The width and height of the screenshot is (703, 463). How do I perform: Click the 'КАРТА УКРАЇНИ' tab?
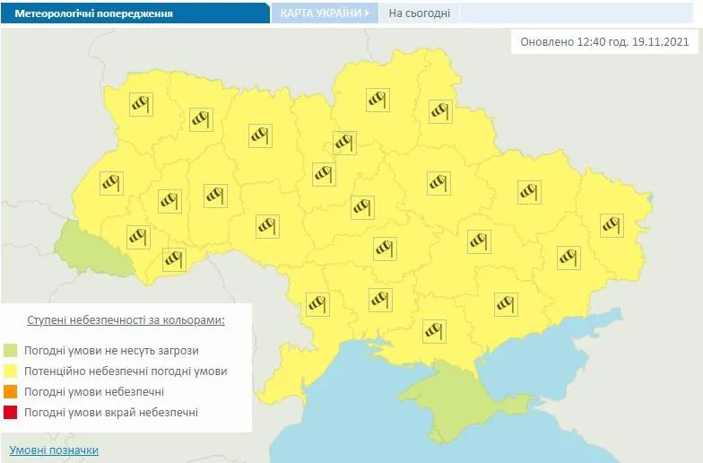321,13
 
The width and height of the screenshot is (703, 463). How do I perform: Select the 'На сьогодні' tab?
420,13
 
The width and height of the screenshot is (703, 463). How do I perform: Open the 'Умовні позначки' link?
54,450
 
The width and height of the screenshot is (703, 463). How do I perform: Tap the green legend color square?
11,351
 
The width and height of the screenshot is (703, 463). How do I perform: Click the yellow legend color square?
11,371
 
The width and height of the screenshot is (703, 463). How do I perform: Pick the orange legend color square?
11,392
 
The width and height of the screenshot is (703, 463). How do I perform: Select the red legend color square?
11,413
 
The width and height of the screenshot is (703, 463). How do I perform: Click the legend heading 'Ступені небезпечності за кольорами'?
126,319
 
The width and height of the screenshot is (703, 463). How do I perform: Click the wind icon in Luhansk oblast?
612,224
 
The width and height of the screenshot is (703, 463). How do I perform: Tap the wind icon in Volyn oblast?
140,104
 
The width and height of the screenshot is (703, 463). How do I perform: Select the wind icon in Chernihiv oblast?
378,99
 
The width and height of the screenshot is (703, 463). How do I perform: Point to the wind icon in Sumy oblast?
438,110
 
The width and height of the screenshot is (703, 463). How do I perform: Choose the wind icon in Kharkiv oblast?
529,191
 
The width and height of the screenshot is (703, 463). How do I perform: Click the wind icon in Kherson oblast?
434,331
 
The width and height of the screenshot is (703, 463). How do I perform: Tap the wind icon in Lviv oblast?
110,182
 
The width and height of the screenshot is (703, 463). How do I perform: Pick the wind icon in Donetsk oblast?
568,257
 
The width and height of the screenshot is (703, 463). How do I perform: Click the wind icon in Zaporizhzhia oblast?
506,303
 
